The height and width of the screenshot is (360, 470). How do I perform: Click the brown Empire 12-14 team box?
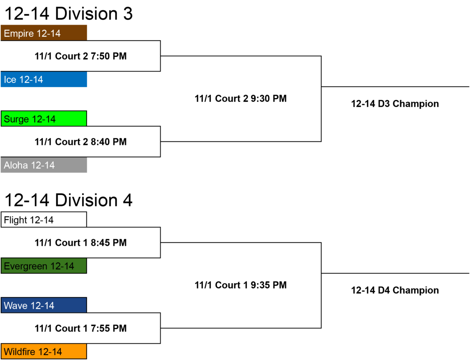44,33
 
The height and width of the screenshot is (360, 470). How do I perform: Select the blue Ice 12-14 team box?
44,79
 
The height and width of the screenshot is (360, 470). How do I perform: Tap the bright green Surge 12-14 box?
44,118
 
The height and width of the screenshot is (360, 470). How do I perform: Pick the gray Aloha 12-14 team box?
44,165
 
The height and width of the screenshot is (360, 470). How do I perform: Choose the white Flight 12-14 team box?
44,219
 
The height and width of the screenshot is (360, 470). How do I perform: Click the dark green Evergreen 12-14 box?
44,266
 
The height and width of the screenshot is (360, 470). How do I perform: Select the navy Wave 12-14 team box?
44,305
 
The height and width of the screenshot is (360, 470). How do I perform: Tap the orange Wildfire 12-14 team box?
44,351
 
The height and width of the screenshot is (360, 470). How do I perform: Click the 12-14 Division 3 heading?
69,14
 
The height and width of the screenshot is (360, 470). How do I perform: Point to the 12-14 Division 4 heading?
69,200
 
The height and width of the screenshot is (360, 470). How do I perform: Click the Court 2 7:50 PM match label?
81,56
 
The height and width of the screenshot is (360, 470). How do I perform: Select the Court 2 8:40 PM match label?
81,142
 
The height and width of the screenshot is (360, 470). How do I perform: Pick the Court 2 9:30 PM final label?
240,99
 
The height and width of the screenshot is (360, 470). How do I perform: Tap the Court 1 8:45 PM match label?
81,242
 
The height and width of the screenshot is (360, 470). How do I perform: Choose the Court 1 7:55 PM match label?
81,328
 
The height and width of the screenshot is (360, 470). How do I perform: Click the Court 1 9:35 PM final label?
240,285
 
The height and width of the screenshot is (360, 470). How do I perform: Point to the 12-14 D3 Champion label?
395,104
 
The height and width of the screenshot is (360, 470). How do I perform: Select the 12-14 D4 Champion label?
395,290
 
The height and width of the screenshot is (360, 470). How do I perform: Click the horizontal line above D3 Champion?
395,87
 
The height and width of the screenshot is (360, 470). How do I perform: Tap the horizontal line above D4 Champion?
395,273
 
